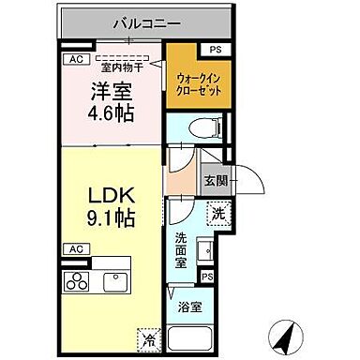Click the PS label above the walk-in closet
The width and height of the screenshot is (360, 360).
[x=216, y=50]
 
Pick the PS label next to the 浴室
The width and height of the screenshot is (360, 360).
[x=206, y=277]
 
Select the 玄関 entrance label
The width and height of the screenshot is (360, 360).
[x=215, y=179]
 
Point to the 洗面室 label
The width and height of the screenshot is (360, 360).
[x=181, y=250]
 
